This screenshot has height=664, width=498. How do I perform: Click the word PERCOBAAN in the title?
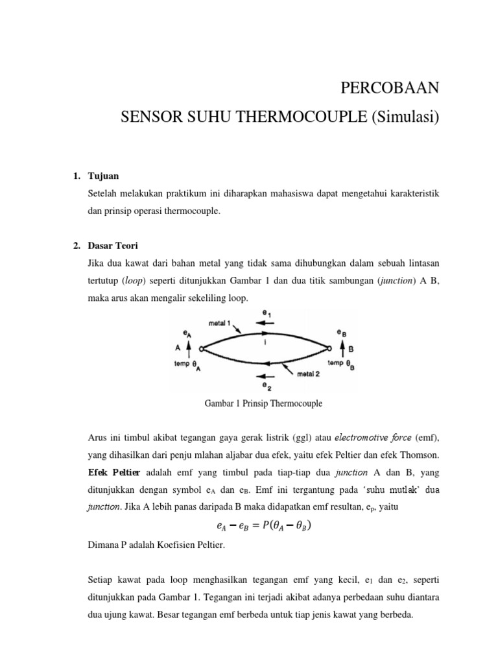coord(390,88)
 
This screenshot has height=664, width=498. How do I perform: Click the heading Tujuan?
coord(103,176)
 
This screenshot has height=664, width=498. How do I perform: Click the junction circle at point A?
coord(202,349)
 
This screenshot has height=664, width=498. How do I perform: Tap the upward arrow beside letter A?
coord(188,348)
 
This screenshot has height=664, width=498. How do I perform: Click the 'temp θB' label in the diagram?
coord(341,363)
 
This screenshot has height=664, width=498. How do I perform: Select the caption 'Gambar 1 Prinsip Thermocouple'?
coord(264,403)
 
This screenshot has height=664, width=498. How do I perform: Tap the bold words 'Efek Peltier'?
coord(112,472)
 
